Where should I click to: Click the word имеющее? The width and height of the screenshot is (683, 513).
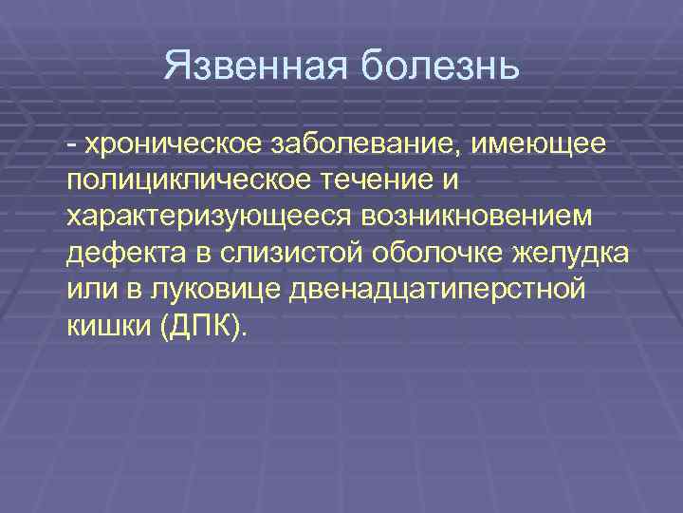[540, 143]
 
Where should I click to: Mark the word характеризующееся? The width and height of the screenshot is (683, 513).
[209, 216]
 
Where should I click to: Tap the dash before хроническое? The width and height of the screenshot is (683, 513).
[72, 144]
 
